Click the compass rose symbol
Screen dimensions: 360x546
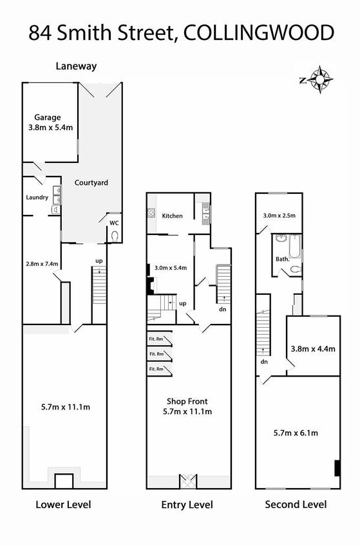pos(319,80)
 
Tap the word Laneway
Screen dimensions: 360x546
pos(76,66)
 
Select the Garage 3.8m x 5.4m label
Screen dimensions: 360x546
pos(50,122)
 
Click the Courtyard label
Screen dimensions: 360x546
pos(91,182)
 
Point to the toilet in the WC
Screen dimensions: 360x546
pos(114,236)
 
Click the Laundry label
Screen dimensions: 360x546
pos(37,198)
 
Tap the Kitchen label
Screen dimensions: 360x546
pos(173,216)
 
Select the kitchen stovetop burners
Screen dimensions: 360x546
pos(151,212)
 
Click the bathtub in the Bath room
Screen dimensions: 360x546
pos(295,246)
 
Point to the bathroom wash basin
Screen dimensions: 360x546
pos(280,238)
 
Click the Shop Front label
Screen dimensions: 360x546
pos(187,402)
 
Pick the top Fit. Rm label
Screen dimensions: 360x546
pos(156,339)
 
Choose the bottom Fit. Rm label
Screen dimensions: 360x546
pos(156,369)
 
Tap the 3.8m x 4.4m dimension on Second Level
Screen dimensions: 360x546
pos(313,348)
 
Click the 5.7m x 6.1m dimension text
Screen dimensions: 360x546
pos(296,433)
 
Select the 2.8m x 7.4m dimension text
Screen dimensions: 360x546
pos(42,263)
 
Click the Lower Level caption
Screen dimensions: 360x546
pos(63,505)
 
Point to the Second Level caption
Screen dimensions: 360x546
pos(296,505)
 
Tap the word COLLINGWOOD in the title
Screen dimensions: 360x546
pos(258,33)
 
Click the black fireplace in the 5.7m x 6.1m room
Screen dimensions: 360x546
pos(337,468)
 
